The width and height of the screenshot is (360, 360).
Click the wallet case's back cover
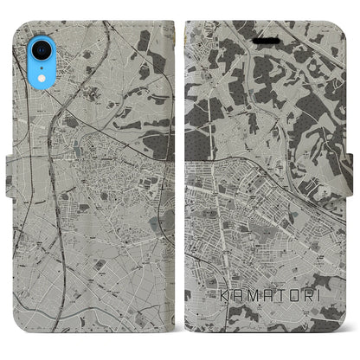click(95, 216)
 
